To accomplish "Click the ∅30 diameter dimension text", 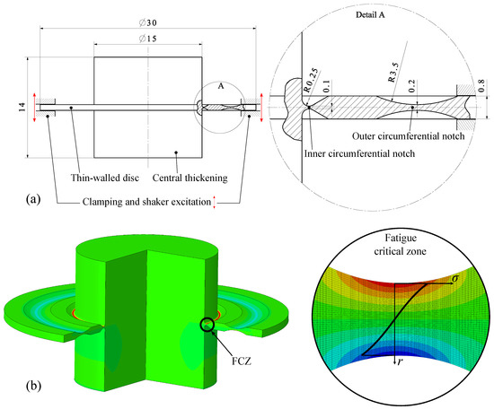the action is tap(148, 22).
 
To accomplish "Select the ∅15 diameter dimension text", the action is tap(148, 39).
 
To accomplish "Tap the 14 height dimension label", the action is tap(22, 108).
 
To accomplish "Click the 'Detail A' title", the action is tap(370, 14).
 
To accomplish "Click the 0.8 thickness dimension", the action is tap(481, 86).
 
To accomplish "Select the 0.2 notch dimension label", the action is tap(412, 86).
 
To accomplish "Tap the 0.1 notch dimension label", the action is tap(326, 86).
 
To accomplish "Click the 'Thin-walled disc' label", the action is tap(105, 178).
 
